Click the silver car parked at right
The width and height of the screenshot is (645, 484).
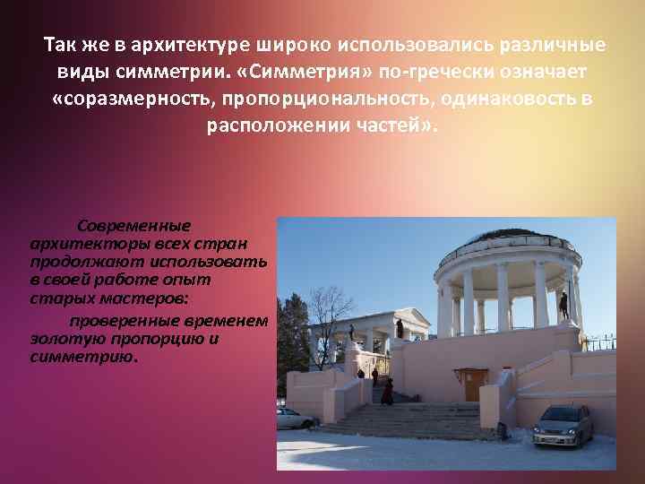pyautogui.click(x=563, y=424)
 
